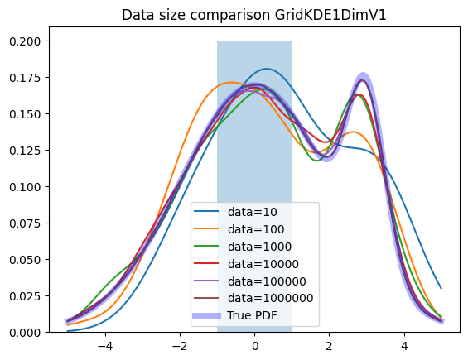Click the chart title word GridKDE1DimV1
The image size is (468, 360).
330,15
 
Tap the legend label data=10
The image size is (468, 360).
252,212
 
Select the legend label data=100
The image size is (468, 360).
256,229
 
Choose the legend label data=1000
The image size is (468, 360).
259,247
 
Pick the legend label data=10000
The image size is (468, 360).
263,264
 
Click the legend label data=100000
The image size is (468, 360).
267,281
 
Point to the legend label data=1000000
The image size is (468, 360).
270,298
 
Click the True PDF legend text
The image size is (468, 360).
252,315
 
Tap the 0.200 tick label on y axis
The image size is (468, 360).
25,41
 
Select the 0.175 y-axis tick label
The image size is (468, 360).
25,78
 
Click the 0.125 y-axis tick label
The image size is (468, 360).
25,151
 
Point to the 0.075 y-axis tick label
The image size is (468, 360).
25,223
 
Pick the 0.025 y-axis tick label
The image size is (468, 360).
25,296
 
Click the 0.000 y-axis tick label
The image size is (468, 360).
25,333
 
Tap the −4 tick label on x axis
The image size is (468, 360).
104,346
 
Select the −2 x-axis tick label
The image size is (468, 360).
180,346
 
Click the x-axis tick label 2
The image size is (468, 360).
329,346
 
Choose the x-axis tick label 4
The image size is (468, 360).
404,346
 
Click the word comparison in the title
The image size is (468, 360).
229,16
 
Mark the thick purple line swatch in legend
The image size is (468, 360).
206,315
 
